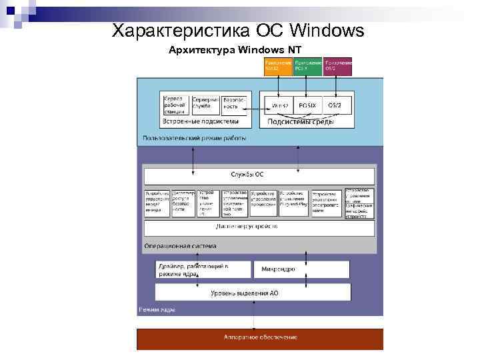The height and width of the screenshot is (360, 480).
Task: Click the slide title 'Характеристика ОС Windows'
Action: click(x=238, y=31)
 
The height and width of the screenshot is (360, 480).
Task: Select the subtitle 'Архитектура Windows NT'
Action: click(x=235, y=50)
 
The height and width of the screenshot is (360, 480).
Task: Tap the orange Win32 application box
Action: click(x=277, y=67)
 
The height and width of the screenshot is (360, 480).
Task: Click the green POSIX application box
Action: click(x=307, y=67)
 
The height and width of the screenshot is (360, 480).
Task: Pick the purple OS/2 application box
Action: click(x=337, y=67)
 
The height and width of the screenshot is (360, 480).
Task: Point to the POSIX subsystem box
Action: click(x=307, y=105)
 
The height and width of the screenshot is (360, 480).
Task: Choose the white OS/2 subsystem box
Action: click(x=336, y=105)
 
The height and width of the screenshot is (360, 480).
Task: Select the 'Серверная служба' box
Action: click(x=205, y=104)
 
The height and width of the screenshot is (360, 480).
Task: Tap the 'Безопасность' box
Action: click(x=234, y=104)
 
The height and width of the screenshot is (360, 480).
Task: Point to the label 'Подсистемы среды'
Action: click(x=297, y=121)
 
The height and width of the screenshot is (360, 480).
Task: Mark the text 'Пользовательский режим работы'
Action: click(x=194, y=138)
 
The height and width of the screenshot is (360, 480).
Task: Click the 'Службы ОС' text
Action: click(x=247, y=175)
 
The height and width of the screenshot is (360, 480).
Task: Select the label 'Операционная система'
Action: click(x=180, y=245)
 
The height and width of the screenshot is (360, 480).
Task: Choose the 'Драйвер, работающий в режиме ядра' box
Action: click(x=203, y=269)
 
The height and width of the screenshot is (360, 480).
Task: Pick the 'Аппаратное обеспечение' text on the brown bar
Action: click(x=260, y=337)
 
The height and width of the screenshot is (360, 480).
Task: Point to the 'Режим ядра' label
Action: click(x=157, y=309)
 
